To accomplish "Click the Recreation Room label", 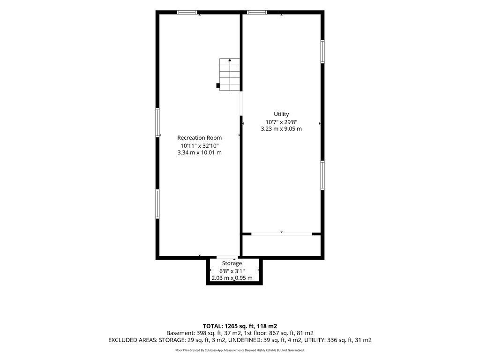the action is pyautogui.click(x=199, y=138).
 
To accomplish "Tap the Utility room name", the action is pyautogui.click(x=281, y=114).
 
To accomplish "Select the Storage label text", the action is pyautogui.click(x=232, y=263).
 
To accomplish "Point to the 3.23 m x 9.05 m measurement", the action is pyautogui.click(x=281, y=129).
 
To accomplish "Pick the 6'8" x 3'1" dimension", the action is pyautogui.click(x=232, y=271).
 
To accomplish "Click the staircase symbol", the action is pyautogui.click(x=230, y=75).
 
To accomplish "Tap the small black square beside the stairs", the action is pyautogui.click(x=218, y=86).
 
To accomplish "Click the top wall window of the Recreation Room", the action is pyautogui.click(x=187, y=13).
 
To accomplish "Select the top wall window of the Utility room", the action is pyautogui.click(x=257, y=13).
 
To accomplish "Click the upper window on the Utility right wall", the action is pyautogui.click(x=322, y=52).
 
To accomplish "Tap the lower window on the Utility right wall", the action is pyautogui.click(x=322, y=175).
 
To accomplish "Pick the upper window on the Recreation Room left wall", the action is pyautogui.click(x=157, y=122).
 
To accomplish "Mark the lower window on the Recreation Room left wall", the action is pyautogui.click(x=157, y=204).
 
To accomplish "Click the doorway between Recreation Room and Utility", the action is pyautogui.click(x=241, y=104).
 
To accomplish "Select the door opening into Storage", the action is pyautogui.click(x=227, y=257).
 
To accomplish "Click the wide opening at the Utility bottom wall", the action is pyautogui.click(x=282, y=234).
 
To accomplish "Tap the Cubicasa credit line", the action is pyautogui.click(x=240, y=350).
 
